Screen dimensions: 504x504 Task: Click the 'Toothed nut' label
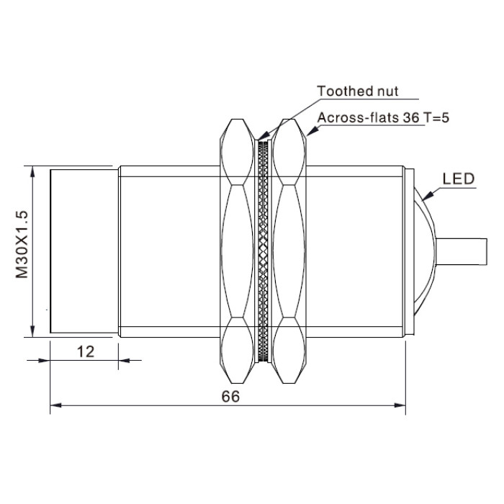pyautogui.click(x=357, y=91)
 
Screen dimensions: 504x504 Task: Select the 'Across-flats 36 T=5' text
pyautogui.click(x=383, y=117)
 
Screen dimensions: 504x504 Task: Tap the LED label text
pyautogui.click(x=459, y=179)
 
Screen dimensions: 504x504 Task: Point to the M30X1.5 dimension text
pyautogui.click(x=22, y=245)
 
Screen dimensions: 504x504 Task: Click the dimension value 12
pyautogui.click(x=86, y=351)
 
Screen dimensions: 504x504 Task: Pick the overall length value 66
pyautogui.click(x=230, y=396)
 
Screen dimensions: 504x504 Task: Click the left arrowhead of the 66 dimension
pyautogui.click(x=55, y=405)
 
